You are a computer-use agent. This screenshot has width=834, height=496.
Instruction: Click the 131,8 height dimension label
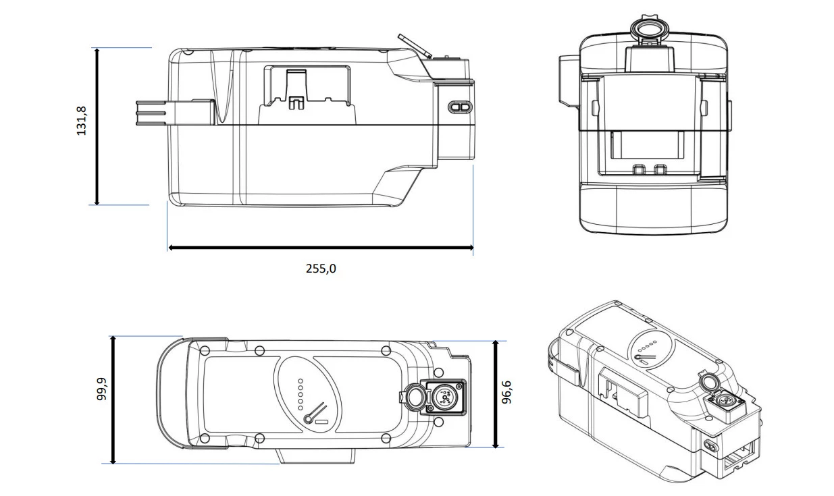point(81,121)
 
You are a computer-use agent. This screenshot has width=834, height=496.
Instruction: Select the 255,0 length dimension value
point(321,269)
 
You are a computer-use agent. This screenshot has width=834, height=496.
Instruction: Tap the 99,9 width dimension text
point(102,389)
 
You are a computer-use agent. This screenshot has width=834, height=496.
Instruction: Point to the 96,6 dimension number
point(506,392)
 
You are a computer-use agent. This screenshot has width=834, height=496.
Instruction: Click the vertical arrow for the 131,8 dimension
point(97,126)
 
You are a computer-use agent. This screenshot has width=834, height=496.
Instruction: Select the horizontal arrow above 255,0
point(321,248)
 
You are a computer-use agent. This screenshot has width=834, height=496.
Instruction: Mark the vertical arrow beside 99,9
point(113,399)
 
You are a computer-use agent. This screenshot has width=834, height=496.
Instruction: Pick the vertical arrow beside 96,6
point(495,394)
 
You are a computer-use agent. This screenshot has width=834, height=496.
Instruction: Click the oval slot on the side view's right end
point(460,107)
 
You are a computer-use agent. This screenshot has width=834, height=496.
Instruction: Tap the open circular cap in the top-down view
point(413,398)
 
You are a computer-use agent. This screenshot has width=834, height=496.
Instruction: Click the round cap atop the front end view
point(650,28)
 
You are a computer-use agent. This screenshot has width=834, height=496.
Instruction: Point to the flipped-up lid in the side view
point(415,46)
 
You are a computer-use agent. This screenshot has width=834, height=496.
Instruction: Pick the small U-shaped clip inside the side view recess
point(296,103)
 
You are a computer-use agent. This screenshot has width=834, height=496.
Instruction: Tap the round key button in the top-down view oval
point(308,420)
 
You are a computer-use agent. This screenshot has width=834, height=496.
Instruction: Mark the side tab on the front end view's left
point(569,83)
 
